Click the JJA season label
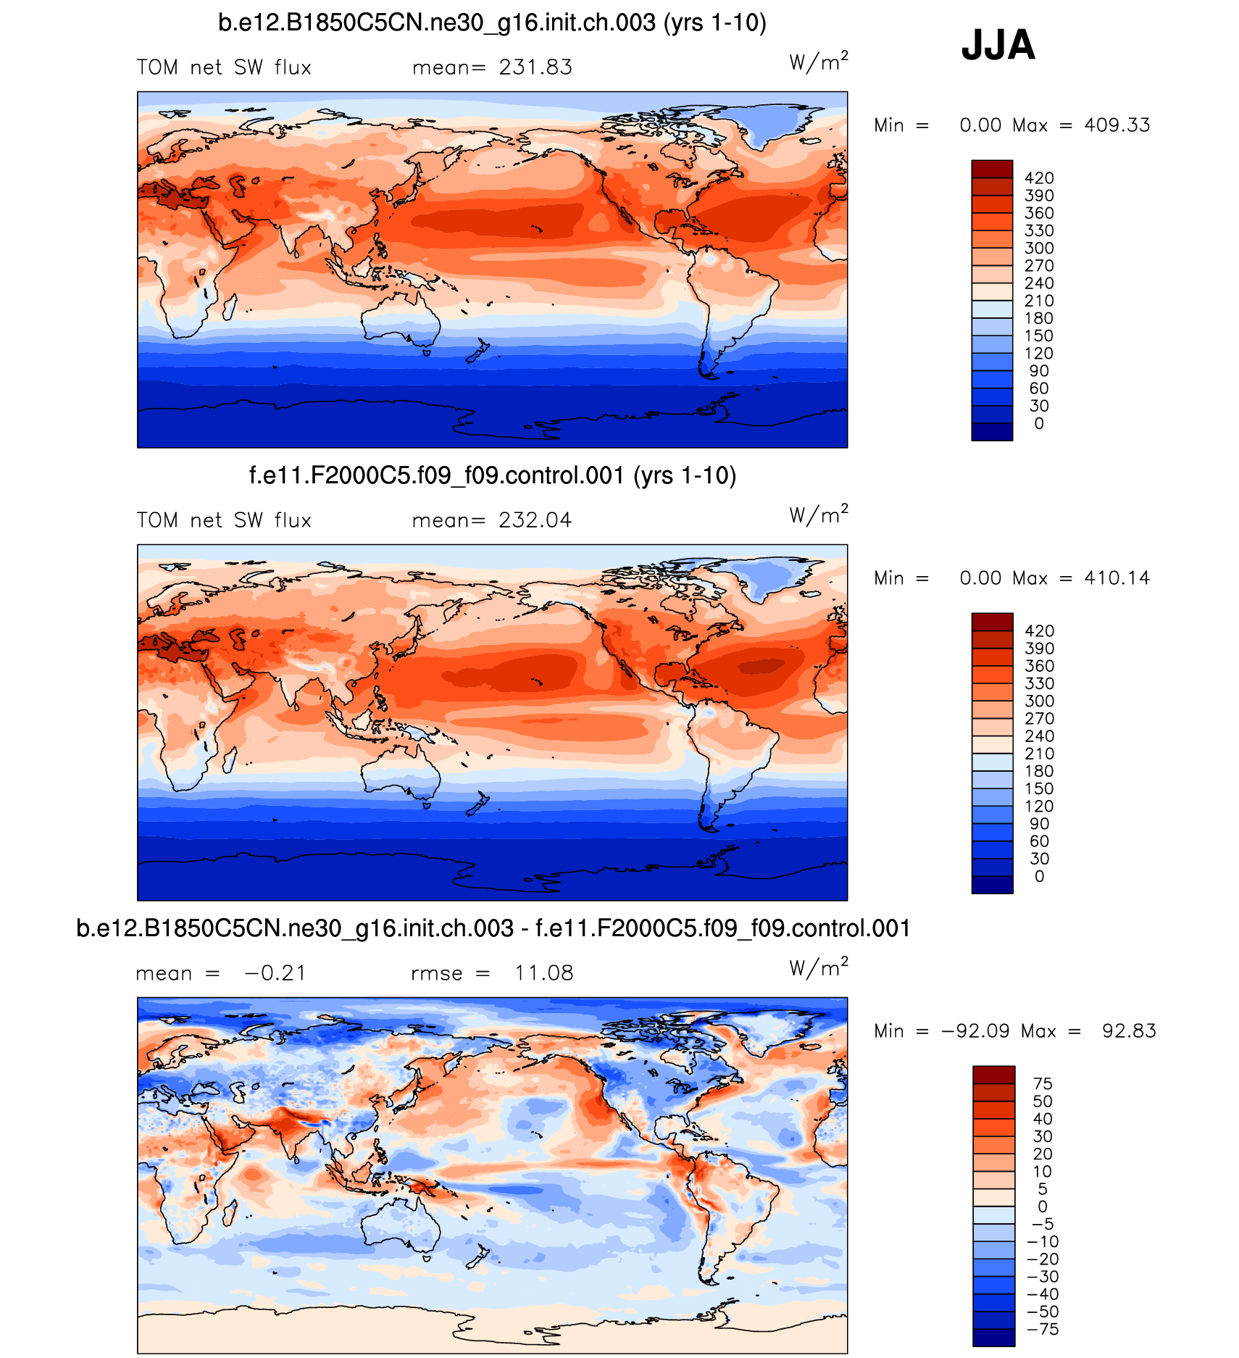(x=998, y=45)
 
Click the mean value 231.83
(x=535, y=67)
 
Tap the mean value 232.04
(x=535, y=520)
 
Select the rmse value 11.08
(x=543, y=973)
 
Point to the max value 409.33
(x=1117, y=125)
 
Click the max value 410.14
(x=1117, y=578)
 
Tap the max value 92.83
(x=1129, y=1031)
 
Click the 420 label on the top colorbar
(x=1039, y=178)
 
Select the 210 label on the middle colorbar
(x=1039, y=754)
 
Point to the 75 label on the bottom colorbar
(x=1042, y=1083)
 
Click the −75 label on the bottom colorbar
(x=1042, y=1329)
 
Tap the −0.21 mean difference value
(x=275, y=973)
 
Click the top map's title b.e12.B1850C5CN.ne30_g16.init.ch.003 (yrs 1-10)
(x=492, y=23)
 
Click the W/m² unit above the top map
(x=818, y=62)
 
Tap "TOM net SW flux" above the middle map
(x=224, y=520)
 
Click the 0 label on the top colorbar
(x=1039, y=424)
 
